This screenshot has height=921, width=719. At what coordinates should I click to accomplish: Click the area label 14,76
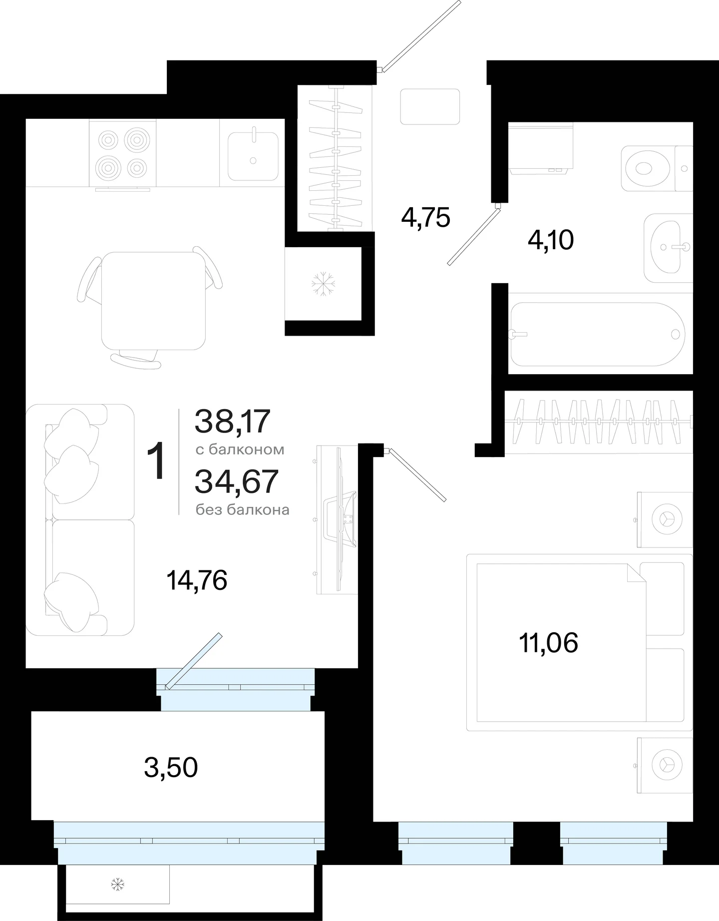click(x=197, y=581)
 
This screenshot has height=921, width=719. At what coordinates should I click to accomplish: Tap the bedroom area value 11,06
click(x=549, y=643)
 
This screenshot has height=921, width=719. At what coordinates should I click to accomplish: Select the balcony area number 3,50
click(x=171, y=768)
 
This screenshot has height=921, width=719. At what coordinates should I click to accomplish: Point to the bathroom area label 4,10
click(x=551, y=241)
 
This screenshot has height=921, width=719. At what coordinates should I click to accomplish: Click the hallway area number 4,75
click(x=426, y=218)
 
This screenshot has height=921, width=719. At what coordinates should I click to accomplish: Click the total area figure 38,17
click(x=233, y=422)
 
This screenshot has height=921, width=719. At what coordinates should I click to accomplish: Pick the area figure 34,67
click(x=236, y=481)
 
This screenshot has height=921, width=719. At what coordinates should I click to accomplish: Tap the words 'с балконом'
click(x=240, y=450)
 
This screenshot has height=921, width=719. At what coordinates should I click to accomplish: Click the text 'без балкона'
click(x=242, y=510)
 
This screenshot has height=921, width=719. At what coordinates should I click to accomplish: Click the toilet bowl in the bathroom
click(x=648, y=168)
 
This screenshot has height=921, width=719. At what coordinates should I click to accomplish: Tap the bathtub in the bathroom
click(x=598, y=334)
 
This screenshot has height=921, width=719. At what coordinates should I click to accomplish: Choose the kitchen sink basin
click(x=253, y=156)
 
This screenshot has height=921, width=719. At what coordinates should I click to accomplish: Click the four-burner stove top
click(x=123, y=153)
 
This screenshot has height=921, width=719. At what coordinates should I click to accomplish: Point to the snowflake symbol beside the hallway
click(x=323, y=285)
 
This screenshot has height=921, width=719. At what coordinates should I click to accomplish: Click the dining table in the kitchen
click(x=154, y=301)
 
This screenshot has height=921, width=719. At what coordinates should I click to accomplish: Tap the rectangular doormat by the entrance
click(x=430, y=107)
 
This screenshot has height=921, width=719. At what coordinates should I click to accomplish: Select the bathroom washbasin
click(x=668, y=248)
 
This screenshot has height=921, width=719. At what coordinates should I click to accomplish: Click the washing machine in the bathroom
click(x=541, y=148)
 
